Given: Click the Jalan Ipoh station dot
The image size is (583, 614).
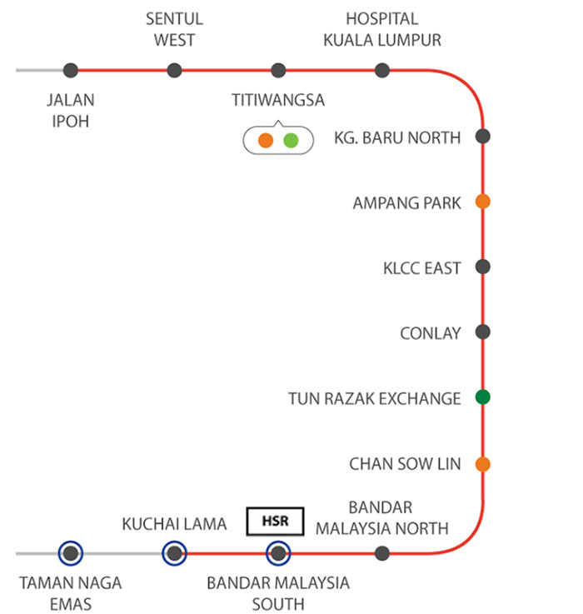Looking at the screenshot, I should pos(71,70).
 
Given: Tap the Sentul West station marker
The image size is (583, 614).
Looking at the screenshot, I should pos(174,70).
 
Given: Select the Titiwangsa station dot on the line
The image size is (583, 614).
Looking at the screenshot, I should pos(278,70).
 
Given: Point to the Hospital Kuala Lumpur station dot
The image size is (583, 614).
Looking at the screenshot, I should pos(381,70).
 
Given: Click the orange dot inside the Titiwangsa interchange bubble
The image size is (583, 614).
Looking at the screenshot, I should pos(266,140).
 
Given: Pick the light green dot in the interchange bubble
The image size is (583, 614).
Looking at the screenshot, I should pos(291,140).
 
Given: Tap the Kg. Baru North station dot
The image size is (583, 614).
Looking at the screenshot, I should pos(482,137).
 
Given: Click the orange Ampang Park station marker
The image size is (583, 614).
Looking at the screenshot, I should pos(482,202).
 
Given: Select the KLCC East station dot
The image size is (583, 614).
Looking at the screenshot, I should pos(482,267).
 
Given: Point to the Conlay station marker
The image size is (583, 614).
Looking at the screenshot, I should pos(482,332).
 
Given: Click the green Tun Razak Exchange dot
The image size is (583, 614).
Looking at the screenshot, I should pos(482,397).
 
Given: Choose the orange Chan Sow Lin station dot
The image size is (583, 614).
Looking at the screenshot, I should pos(482,463).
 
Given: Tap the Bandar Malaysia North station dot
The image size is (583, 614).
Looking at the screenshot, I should pos(382,552).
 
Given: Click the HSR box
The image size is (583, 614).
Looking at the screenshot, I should pos(276,521).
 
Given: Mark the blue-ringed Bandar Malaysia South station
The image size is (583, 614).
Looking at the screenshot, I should pos(277,552).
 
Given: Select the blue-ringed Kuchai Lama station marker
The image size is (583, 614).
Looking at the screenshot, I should pos(173,552).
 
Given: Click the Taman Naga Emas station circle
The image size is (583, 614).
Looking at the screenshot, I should pos(71,552).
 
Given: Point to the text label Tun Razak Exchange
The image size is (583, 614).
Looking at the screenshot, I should pos(374,398).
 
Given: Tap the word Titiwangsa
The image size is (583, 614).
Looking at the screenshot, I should pos(278,100).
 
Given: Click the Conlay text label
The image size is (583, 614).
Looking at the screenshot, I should pos(430,333).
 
